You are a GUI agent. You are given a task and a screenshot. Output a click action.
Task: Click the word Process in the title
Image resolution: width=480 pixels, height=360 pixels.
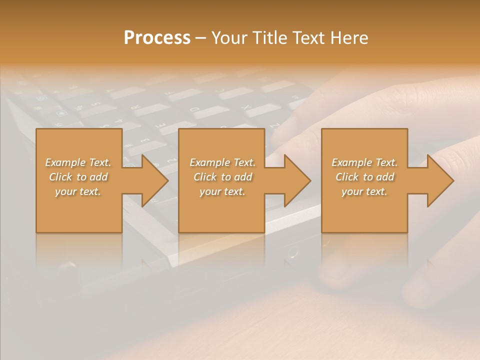(x=157, y=38)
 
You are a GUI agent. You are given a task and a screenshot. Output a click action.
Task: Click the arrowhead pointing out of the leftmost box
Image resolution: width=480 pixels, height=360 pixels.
(x=152, y=180)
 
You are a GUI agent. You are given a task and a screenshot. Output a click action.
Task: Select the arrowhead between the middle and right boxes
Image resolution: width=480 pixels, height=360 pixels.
(x=295, y=180)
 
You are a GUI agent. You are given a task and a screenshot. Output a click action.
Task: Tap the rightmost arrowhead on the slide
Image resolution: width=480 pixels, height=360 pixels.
(x=438, y=180)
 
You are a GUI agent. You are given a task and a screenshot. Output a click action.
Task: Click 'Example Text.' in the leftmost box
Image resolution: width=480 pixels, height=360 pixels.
(x=78, y=162)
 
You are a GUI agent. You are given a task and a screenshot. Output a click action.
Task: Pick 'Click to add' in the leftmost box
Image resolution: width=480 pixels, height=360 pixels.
(x=78, y=177)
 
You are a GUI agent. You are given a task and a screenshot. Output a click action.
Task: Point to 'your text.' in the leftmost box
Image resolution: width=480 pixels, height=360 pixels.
(x=78, y=191)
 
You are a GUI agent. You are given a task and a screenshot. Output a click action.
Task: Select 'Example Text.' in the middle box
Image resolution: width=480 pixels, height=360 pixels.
(x=222, y=162)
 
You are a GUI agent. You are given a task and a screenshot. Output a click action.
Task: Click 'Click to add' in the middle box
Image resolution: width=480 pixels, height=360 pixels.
(x=222, y=177)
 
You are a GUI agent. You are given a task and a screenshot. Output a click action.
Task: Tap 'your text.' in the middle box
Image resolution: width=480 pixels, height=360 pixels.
(x=222, y=191)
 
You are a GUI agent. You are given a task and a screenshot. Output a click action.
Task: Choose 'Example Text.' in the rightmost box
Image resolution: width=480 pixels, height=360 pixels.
(x=364, y=162)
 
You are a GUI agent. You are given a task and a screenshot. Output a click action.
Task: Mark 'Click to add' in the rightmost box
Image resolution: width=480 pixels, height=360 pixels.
(x=364, y=177)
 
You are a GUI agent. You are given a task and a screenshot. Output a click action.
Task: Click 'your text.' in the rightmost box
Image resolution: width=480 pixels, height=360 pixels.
(x=364, y=191)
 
